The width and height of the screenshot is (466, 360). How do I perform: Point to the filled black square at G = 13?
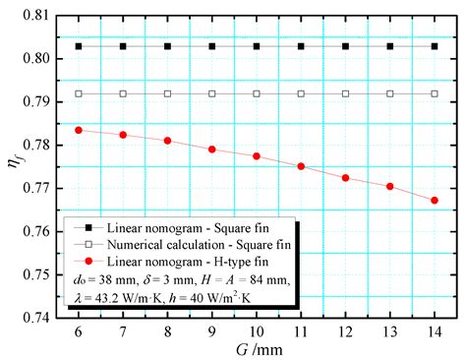[x=390, y=46]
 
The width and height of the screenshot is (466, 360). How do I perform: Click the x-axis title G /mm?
[x=257, y=351]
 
